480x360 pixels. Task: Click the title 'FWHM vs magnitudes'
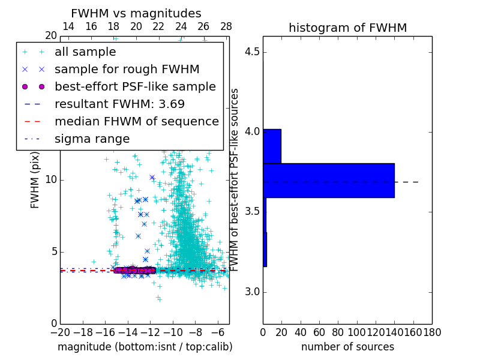tap(136, 14)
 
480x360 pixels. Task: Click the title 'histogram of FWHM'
tap(347, 28)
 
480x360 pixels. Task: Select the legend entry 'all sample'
tap(85, 52)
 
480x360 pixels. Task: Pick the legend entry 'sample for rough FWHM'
tap(127, 69)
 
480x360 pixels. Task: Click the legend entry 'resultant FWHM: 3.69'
tap(119, 104)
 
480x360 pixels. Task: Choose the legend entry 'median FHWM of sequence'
tap(136, 121)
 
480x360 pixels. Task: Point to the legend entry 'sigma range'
tap(92, 139)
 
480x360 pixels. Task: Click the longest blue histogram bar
tap(329, 180)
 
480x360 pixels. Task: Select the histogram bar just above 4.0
tap(272, 146)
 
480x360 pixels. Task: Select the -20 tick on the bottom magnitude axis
tap(60, 332)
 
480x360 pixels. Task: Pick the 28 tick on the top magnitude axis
tap(226, 26)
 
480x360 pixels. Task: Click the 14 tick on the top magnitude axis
tap(68, 26)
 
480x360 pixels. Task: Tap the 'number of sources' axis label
tap(347, 347)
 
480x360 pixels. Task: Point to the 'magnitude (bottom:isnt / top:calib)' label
tap(145, 347)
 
